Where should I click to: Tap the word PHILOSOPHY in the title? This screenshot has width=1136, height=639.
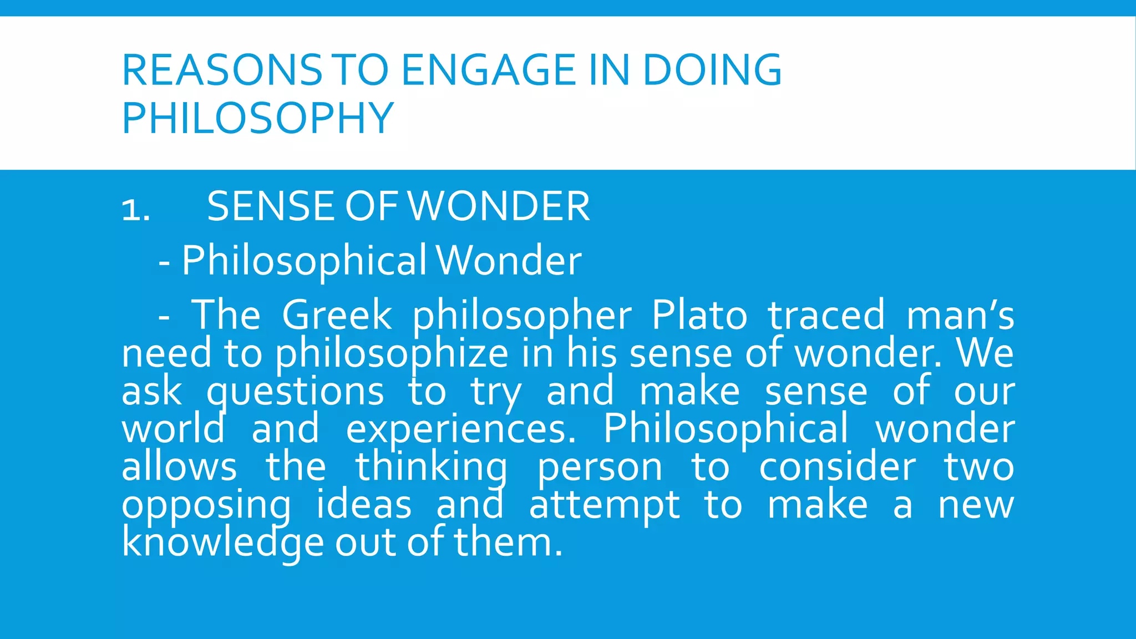coord(257,118)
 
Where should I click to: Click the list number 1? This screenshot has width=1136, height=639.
coord(135,210)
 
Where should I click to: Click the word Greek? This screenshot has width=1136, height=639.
coord(337,315)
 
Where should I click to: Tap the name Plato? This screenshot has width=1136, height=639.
coord(699,315)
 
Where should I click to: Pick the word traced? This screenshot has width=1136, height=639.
coord(826,315)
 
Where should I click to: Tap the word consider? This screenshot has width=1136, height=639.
coord(837,467)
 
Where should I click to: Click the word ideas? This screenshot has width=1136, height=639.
coord(364,505)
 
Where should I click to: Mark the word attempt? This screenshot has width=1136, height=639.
coord(604,506)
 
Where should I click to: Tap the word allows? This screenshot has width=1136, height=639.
coord(179,467)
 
